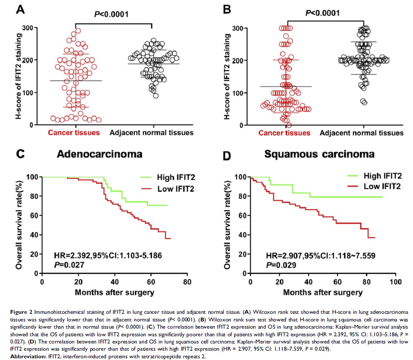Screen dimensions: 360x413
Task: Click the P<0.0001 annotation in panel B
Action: click(318, 13)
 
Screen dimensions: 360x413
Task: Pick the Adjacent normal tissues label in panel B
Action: click(361, 133)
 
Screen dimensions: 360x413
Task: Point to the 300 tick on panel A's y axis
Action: click(28, 28)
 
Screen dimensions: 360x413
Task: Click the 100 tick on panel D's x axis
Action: click(395, 282)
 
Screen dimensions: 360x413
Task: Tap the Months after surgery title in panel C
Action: click(114, 292)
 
